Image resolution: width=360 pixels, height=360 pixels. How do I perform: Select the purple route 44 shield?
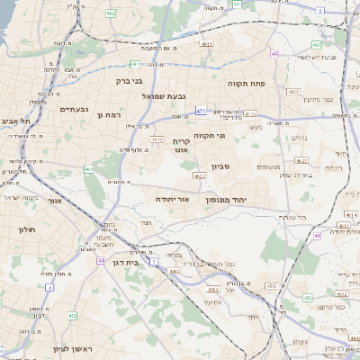pyautogui.click(x=101, y=259)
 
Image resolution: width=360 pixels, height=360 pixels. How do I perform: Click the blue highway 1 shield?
pyautogui.click(x=154, y=261)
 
